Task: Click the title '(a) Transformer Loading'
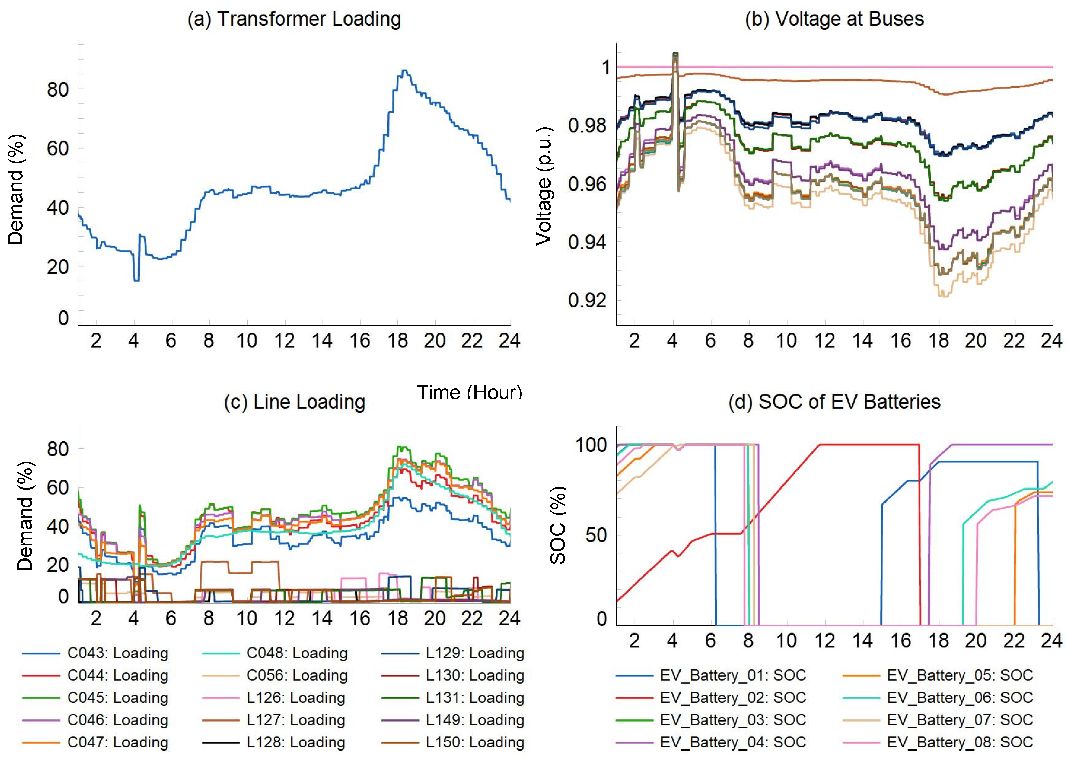click(x=294, y=19)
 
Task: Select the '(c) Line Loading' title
click(x=294, y=402)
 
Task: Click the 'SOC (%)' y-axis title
click(x=558, y=525)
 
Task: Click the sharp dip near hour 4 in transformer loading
click(x=136, y=280)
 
